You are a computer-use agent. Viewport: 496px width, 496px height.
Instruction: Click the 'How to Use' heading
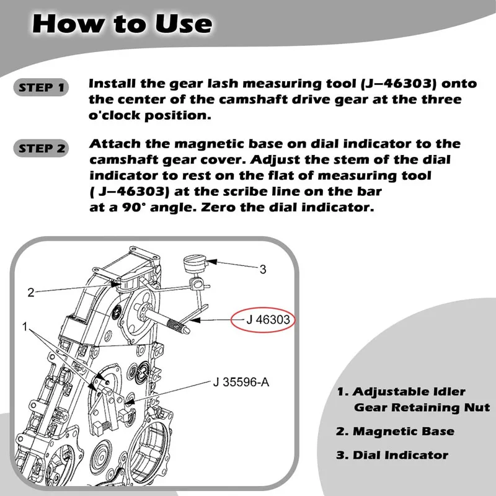(122, 24)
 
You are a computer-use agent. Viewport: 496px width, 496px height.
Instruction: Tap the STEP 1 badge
(42, 87)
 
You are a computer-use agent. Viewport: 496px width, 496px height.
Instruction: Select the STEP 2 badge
(42, 149)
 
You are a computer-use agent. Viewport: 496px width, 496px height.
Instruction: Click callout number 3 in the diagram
(263, 268)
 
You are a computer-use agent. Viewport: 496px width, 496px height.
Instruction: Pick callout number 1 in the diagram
(24, 326)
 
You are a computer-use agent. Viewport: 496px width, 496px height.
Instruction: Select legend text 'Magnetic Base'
(404, 431)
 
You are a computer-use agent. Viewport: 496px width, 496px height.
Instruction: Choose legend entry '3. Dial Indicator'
(392, 455)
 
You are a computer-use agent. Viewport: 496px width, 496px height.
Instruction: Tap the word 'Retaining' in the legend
(417, 407)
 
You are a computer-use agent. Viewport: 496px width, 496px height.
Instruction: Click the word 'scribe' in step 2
(262, 192)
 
